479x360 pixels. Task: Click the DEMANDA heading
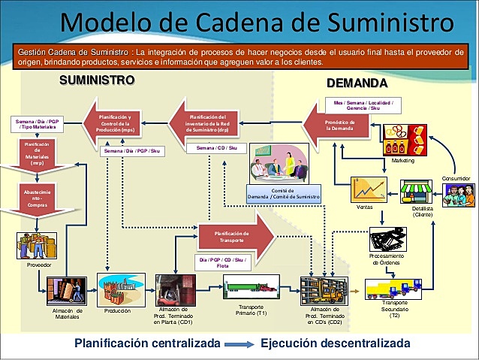click(x=357, y=82)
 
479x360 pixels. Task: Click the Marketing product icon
click(x=405, y=140)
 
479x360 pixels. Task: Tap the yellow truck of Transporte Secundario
click(x=393, y=288)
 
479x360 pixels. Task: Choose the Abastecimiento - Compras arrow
click(x=36, y=200)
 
